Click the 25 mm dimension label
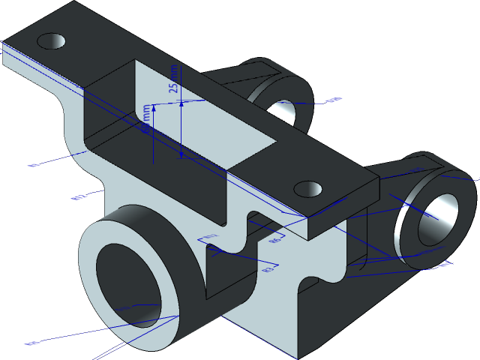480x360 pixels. pyautogui.click(x=175, y=79)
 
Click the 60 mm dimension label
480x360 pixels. pyautogui.click(x=148, y=120)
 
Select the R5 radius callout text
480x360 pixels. pyautogui.click(x=275, y=241)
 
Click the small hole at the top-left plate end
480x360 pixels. pyautogui.click(x=52, y=40)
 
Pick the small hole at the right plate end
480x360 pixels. pyautogui.click(x=307, y=187)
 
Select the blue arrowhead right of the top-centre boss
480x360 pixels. pyautogui.click(x=337, y=99)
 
